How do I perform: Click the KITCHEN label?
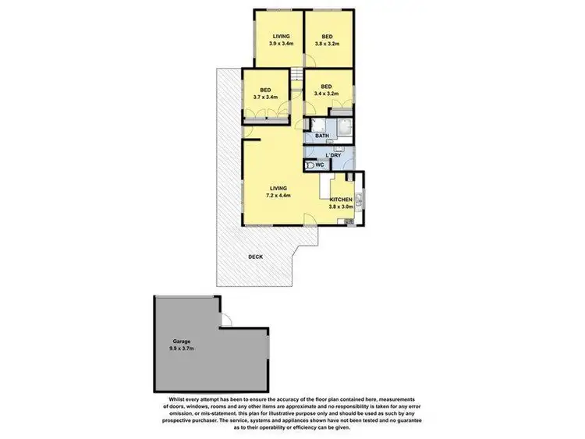tap(341, 200)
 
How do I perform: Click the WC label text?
tap(320, 165)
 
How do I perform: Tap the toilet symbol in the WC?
tap(309, 165)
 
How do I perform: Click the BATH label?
tap(321, 136)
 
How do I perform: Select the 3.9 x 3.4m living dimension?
tap(281, 44)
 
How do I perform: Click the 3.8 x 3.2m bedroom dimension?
tap(328, 44)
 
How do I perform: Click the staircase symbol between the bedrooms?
tap(298, 75)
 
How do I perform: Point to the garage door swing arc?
tap(226, 320)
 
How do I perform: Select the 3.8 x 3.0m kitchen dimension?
tap(341, 207)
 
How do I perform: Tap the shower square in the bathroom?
tap(344, 128)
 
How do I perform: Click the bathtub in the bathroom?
tap(318, 127)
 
